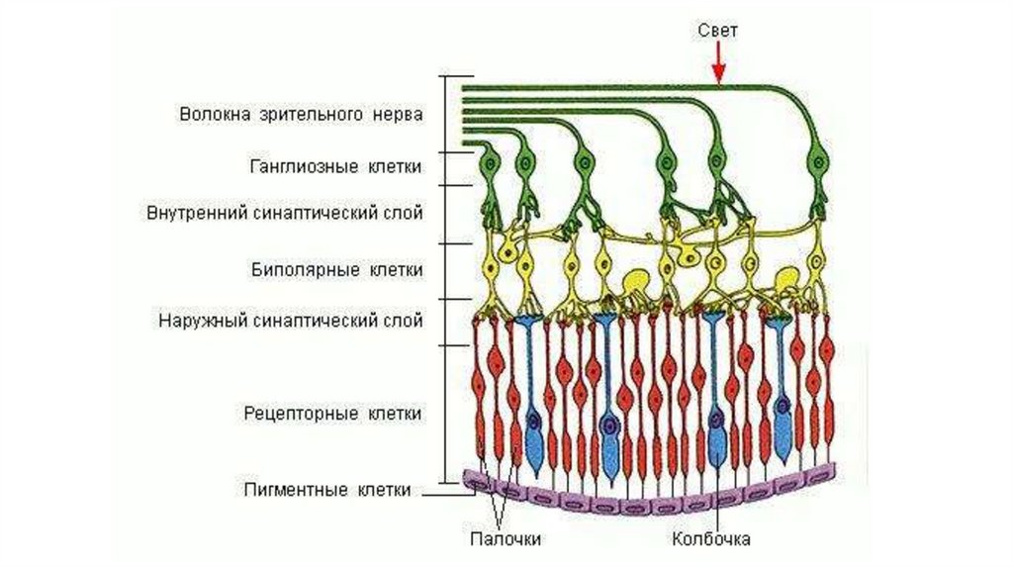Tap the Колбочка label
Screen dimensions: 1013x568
[x=710, y=539]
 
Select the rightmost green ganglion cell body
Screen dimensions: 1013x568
[x=818, y=160]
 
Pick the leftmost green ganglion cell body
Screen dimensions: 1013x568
[x=489, y=163]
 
